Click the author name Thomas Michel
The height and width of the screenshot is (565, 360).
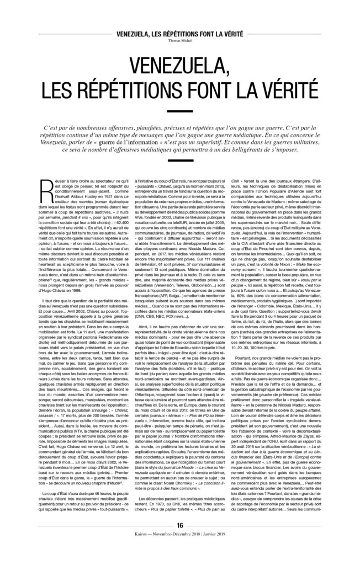(x=179, y=40)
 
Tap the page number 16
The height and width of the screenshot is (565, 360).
(x=179, y=540)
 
